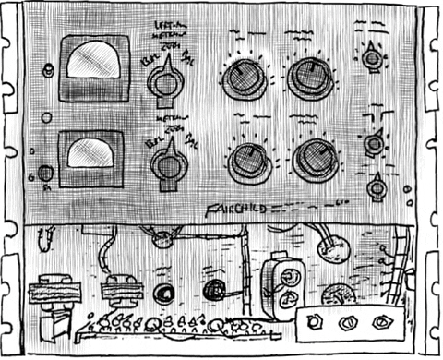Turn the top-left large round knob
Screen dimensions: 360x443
coord(244,79)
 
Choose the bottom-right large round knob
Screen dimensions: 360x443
coord(315,159)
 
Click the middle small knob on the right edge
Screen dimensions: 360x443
coord(374,143)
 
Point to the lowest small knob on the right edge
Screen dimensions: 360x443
coord(376,188)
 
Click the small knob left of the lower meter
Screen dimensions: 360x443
coord(44,173)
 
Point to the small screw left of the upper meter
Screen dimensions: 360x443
coord(48,69)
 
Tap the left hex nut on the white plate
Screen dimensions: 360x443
coord(314,323)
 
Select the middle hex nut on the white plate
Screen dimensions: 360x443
coord(348,324)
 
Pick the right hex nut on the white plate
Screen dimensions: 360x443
coord(382,323)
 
